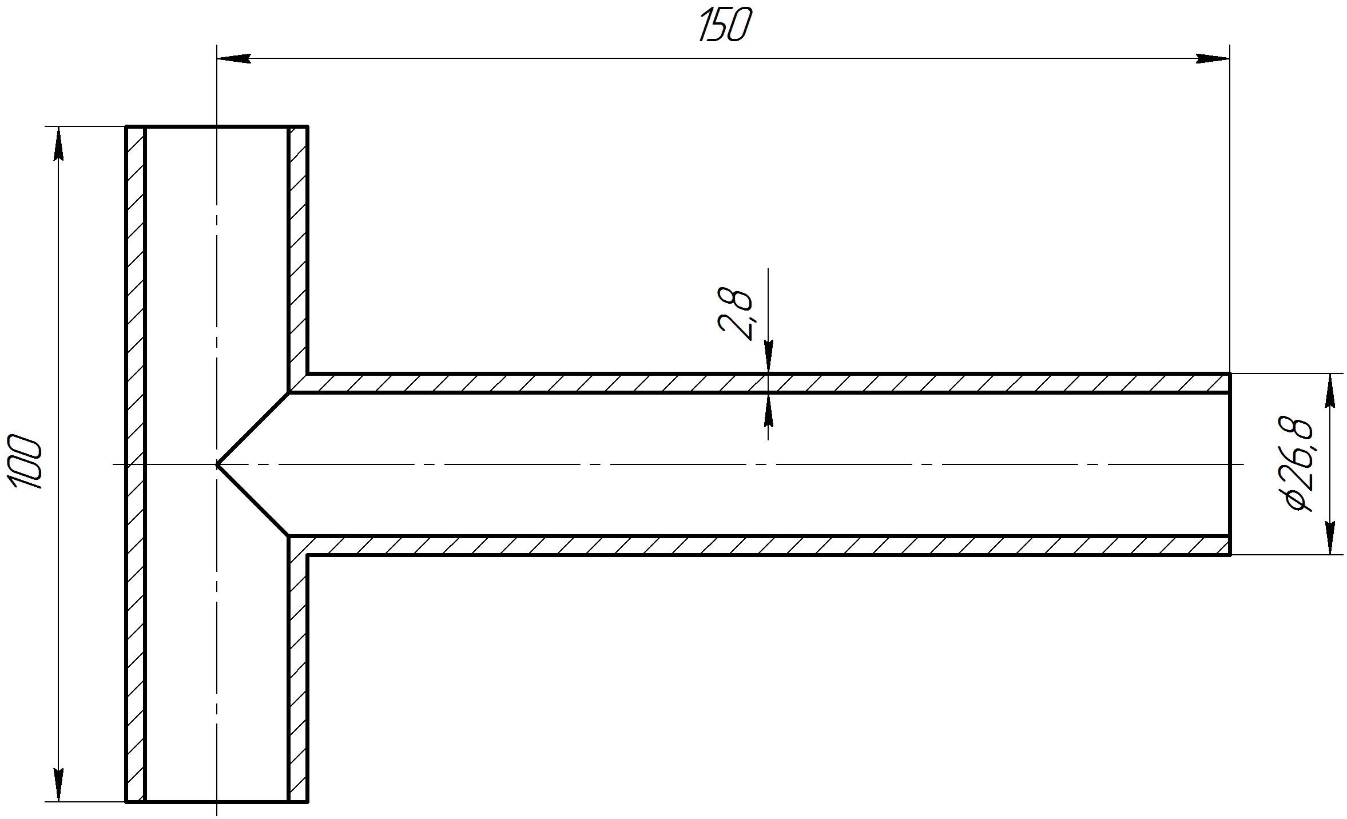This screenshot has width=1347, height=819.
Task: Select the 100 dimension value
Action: coord(26,463)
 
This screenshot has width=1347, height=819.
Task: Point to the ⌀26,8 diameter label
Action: coord(1298,464)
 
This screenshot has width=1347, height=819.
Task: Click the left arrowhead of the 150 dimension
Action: coord(233,58)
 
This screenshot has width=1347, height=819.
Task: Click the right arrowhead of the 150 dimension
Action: coord(1213,58)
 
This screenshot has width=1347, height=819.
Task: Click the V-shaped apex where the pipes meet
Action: coord(218,464)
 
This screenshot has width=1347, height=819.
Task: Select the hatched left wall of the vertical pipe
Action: coord(136,464)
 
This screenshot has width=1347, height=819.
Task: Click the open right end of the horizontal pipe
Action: coord(1229,464)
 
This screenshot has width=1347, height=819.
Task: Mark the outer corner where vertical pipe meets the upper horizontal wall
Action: coord(308,374)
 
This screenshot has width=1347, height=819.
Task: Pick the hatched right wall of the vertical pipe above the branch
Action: coord(298,252)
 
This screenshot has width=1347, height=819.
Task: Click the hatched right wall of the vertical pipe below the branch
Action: coord(298,675)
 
